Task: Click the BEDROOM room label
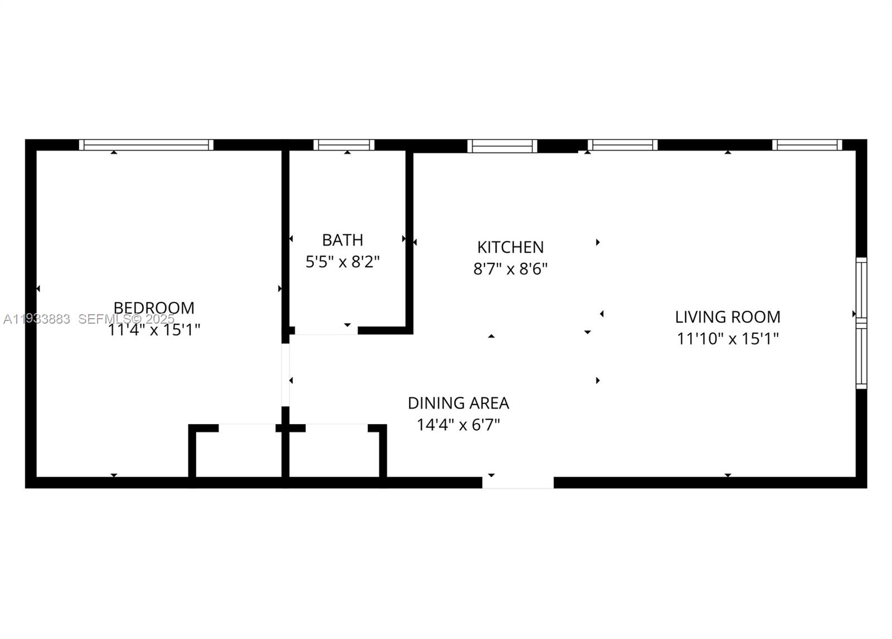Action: pyautogui.click(x=154, y=308)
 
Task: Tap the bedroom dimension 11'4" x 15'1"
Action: pyautogui.click(x=154, y=330)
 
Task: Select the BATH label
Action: pyautogui.click(x=342, y=240)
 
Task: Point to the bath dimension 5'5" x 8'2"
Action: pyautogui.click(x=342, y=261)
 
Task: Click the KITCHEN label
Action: pyautogui.click(x=510, y=247)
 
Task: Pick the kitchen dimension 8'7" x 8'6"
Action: pyautogui.click(x=510, y=269)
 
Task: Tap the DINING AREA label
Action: pyautogui.click(x=458, y=403)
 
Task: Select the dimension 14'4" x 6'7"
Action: pyautogui.click(x=458, y=425)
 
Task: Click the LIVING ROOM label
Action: pyautogui.click(x=728, y=317)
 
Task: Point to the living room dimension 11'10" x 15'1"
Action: pyautogui.click(x=728, y=339)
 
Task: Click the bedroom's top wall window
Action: pyautogui.click(x=146, y=145)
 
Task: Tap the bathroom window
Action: pyautogui.click(x=344, y=145)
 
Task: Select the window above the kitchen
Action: pyautogui.click(x=502, y=146)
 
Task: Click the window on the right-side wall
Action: pyautogui.click(x=861, y=323)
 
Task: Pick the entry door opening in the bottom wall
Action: pyautogui.click(x=518, y=483)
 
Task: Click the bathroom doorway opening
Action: pyautogui.click(x=326, y=330)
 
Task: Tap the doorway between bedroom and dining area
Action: pyautogui.click(x=285, y=374)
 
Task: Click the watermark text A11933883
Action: pyautogui.click(x=37, y=319)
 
